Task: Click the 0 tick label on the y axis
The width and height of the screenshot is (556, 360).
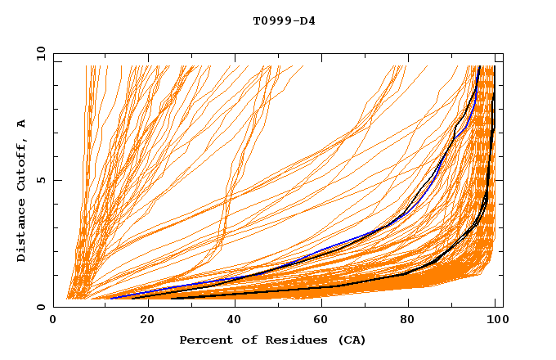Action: (x=41, y=307)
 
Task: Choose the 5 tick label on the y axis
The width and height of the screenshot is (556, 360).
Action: (x=41, y=180)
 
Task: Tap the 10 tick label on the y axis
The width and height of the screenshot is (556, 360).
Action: (x=38, y=52)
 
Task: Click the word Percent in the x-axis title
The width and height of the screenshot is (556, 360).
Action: (x=203, y=340)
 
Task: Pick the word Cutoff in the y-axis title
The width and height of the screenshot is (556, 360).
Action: (x=21, y=167)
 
